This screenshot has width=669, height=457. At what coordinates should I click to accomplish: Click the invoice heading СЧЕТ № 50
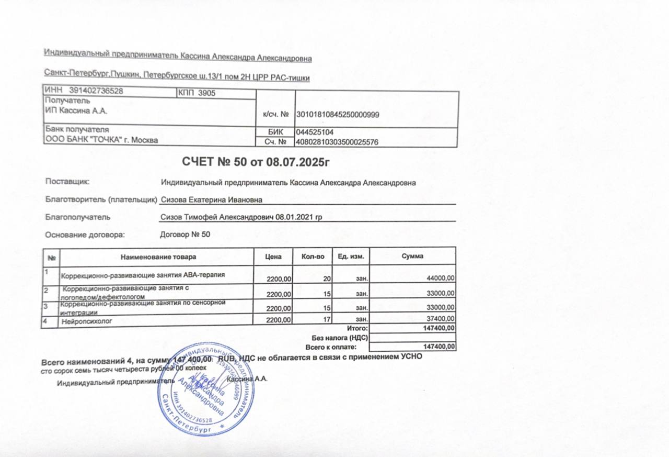tap(256, 161)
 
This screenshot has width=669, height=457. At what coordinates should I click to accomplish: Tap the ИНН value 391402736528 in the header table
tap(96, 91)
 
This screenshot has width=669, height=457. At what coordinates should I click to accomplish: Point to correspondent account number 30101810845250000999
tap(338, 115)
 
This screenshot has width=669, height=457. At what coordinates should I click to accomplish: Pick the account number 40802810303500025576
tap(337, 142)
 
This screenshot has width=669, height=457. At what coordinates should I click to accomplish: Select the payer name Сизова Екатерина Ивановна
tap(212, 199)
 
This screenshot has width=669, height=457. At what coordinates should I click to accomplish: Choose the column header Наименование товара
tap(158, 257)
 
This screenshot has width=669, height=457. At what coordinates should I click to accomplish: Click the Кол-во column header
tap(314, 257)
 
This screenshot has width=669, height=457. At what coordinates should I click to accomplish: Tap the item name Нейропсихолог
tap(87, 320)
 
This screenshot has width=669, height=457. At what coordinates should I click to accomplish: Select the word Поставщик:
tap(67, 182)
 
